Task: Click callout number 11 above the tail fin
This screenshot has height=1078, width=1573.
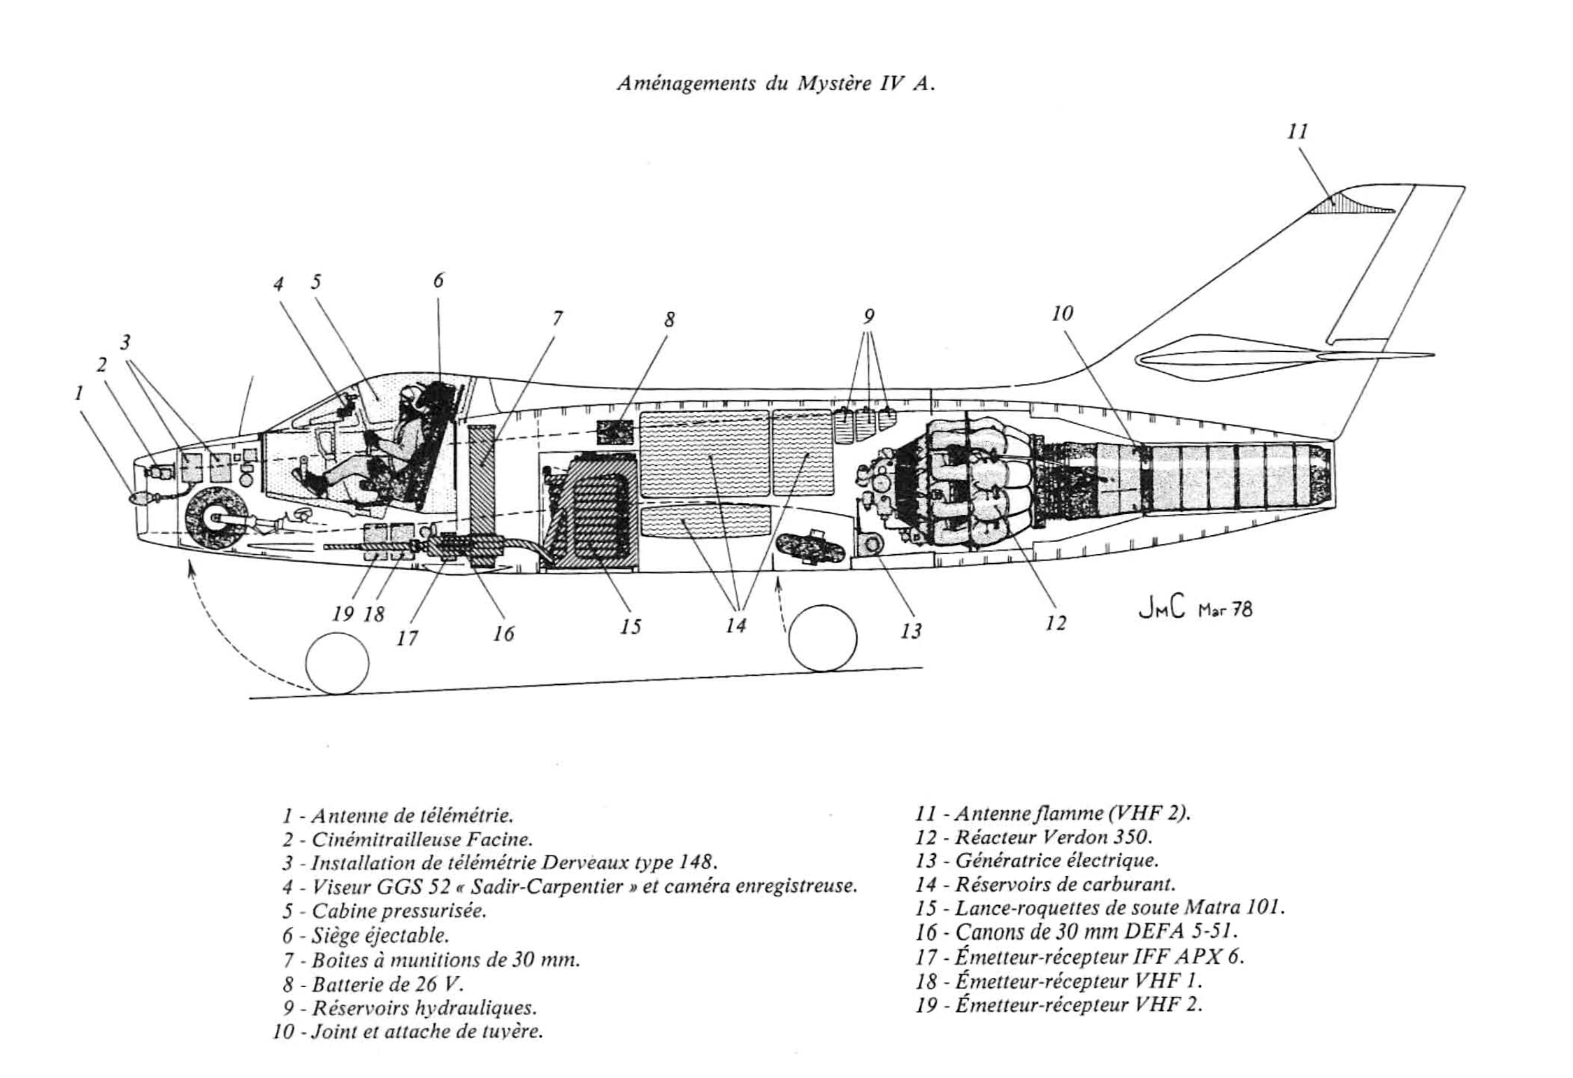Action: pyautogui.click(x=1297, y=132)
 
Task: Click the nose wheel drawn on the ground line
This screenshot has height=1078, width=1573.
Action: pyautogui.click(x=337, y=663)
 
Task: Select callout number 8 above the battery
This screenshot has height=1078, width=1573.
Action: pyautogui.click(x=670, y=320)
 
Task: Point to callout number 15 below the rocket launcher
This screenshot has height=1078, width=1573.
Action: pyautogui.click(x=630, y=626)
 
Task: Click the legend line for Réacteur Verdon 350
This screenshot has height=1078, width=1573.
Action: pyautogui.click(x=1035, y=837)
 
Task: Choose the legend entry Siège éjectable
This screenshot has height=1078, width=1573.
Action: pyautogui.click(x=366, y=935)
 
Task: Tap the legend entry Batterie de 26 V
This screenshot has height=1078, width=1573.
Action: pyautogui.click(x=373, y=984)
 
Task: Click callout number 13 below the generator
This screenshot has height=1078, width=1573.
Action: pyautogui.click(x=910, y=631)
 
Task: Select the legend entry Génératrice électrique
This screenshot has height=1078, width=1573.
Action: pyautogui.click(x=1037, y=860)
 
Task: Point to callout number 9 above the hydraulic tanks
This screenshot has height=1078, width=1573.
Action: pyautogui.click(x=868, y=317)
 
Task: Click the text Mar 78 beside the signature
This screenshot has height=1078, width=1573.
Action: pyautogui.click(x=1225, y=610)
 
